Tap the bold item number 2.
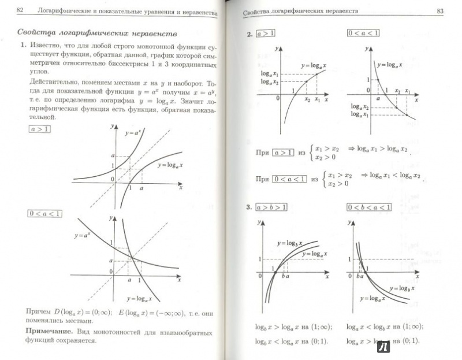pyautogui.click(x=249, y=34)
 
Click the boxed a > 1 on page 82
pyautogui.click(x=39, y=129)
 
